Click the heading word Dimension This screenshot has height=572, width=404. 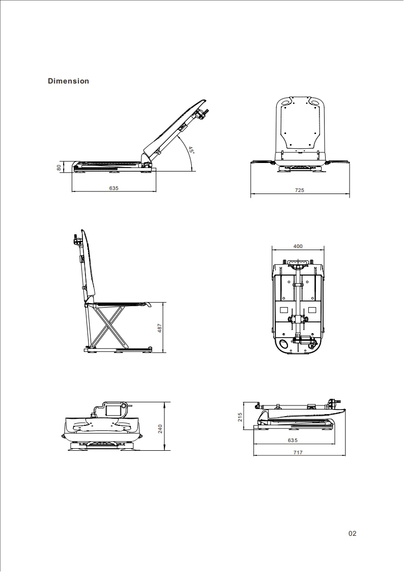pyautogui.click(x=68, y=81)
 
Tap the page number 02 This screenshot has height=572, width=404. pyautogui.click(x=353, y=533)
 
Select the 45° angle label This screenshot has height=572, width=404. pyautogui.click(x=191, y=150)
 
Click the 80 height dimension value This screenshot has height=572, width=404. pyautogui.click(x=59, y=167)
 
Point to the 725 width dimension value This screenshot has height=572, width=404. pyautogui.click(x=299, y=190)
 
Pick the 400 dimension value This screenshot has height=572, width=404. pyautogui.click(x=298, y=246)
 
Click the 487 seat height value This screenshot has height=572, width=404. pyautogui.click(x=159, y=328)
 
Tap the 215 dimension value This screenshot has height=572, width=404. pyautogui.click(x=240, y=417)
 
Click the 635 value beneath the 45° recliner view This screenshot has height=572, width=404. pyautogui.click(x=113, y=188)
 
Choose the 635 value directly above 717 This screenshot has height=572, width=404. pyautogui.click(x=293, y=440)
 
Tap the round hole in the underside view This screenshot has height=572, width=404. pyautogui.click(x=283, y=343)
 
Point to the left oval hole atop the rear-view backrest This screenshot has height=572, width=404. pyautogui.click(x=286, y=102)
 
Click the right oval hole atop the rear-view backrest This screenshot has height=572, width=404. pyautogui.click(x=315, y=102)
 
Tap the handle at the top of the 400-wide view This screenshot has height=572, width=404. pyautogui.click(x=298, y=264)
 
